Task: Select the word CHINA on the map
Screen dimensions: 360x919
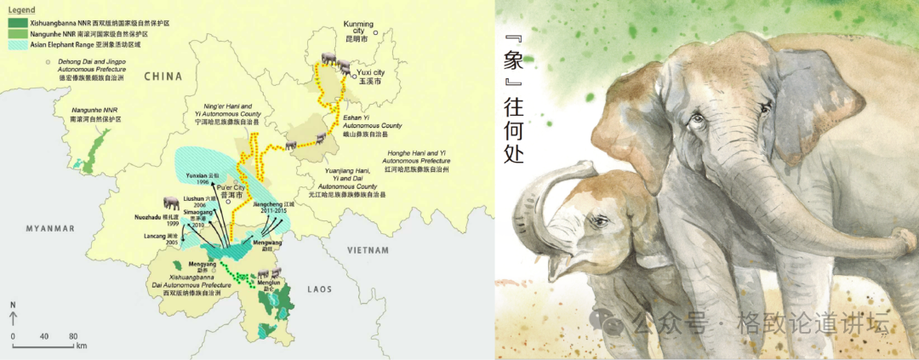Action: pyautogui.click(x=163, y=76)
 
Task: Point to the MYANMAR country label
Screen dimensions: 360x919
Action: pyautogui.click(x=50, y=228)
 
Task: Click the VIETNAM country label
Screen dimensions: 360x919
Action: pyautogui.click(x=368, y=249)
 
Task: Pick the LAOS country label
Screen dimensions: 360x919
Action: pyautogui.click(x=319, y=289)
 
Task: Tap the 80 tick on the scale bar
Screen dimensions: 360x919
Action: pyautogui.click(x=73, y=337)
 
